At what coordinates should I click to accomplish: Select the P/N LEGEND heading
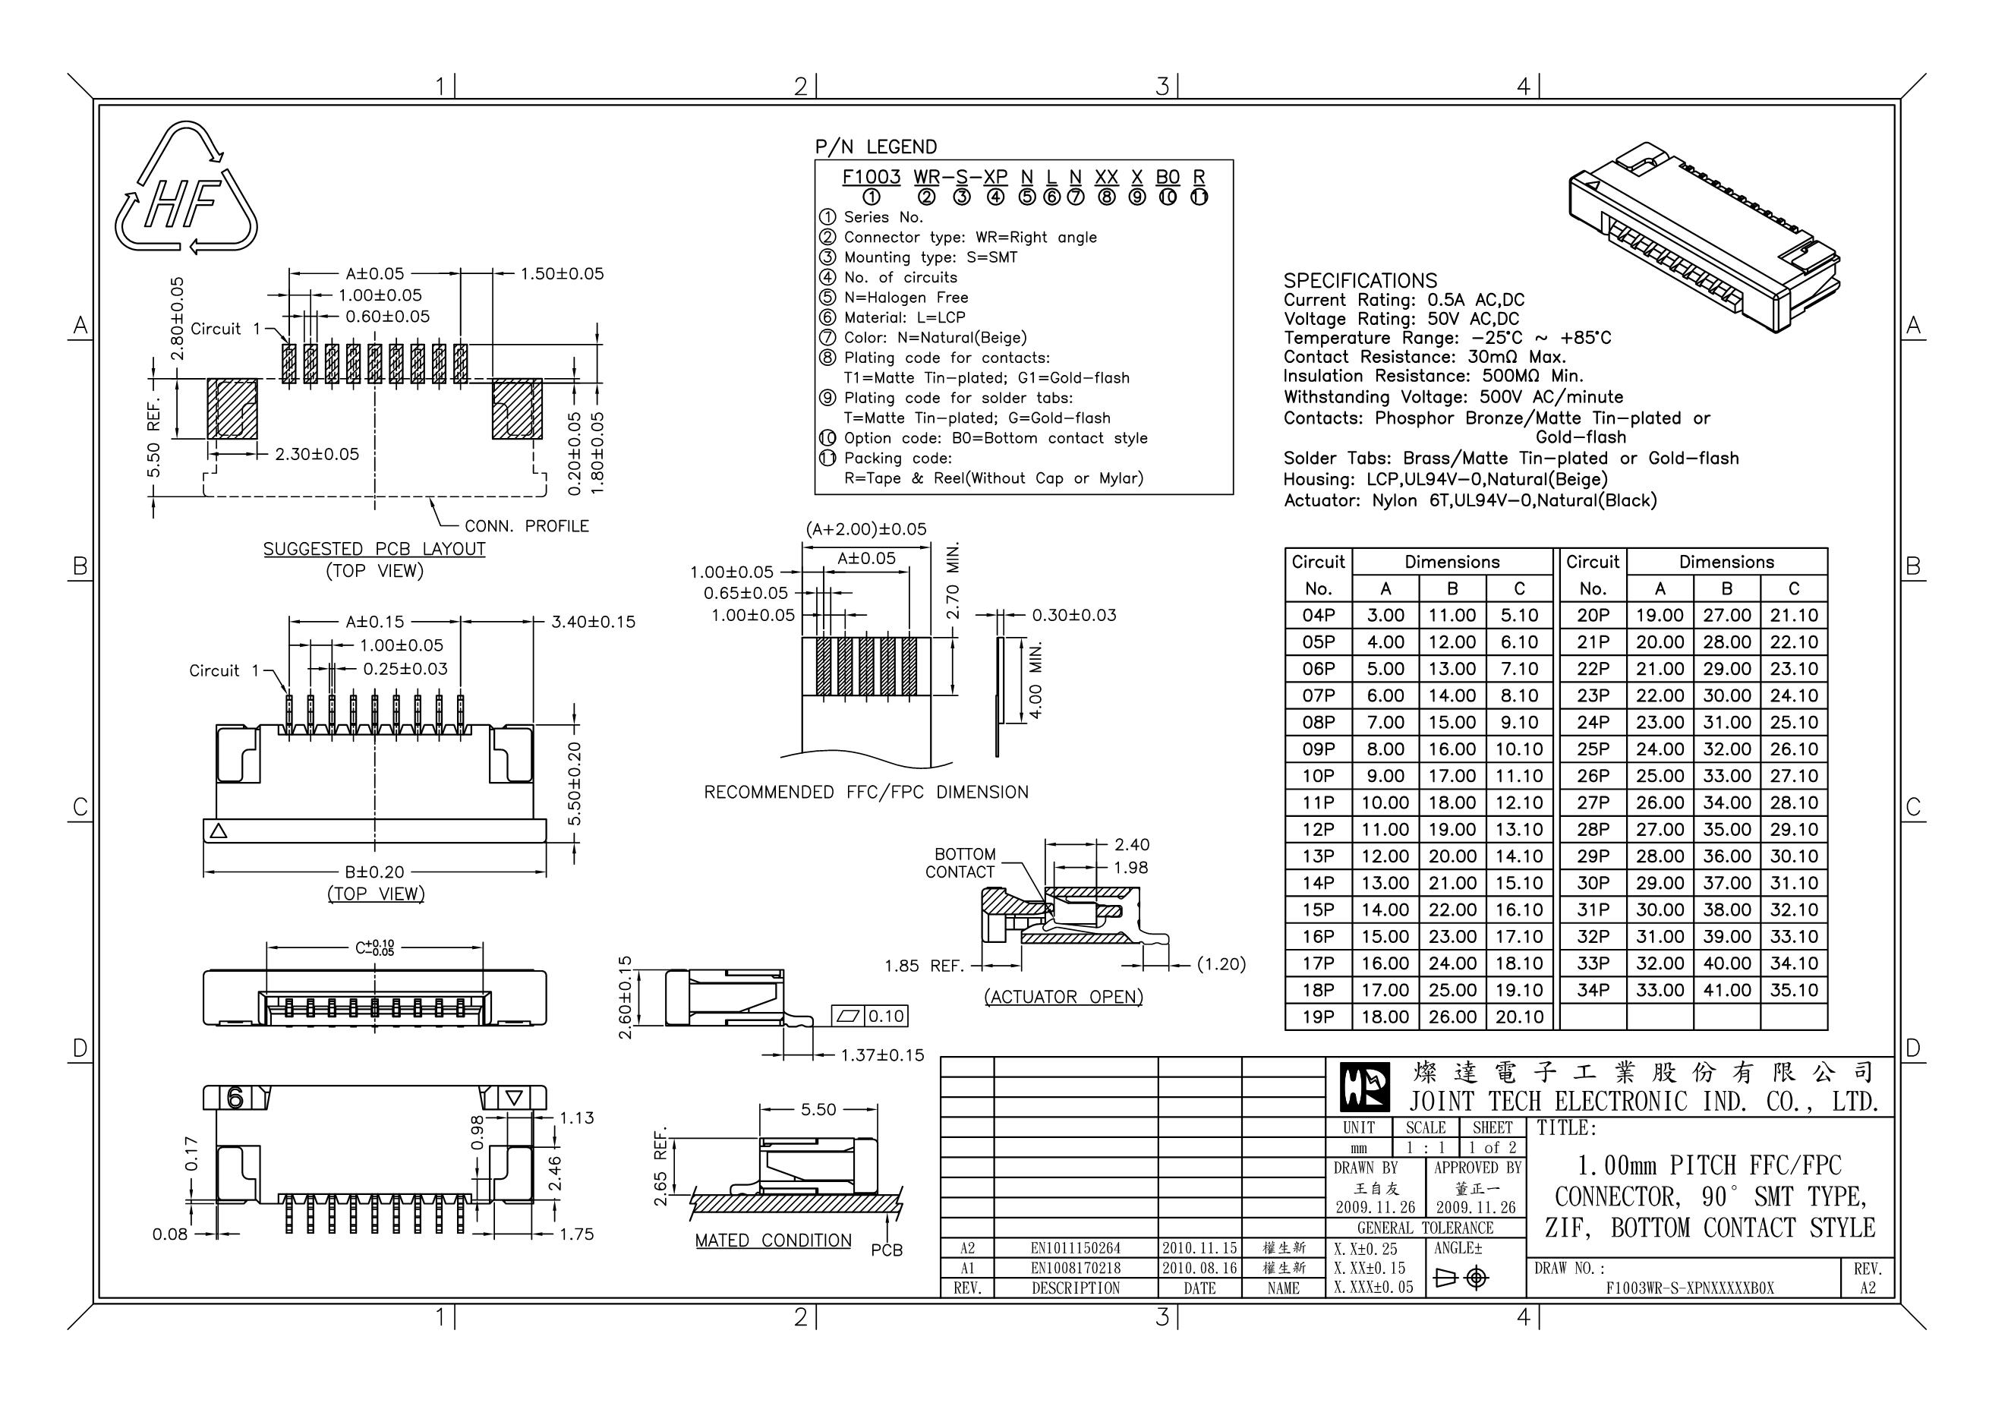[876, 147]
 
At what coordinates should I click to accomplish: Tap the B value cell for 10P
[1452, 775]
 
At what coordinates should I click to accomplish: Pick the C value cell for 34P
[1793, 989]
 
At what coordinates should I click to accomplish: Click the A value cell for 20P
[1659, 615]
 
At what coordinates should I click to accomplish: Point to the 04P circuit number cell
[1318, 615]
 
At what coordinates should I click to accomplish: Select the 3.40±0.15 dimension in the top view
[593, 622]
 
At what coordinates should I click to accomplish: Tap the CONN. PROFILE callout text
[526, 526]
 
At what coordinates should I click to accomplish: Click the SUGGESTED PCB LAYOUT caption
[374, 549]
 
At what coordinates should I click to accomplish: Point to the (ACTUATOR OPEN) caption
[1063, 997]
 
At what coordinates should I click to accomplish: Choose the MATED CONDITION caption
[773, 1240]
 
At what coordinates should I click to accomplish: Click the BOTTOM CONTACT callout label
[962, 863]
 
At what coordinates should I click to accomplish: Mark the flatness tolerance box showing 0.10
[870, 1017]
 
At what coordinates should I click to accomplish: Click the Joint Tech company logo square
[1364, 1087]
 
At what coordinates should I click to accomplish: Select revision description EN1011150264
[1075, 1248]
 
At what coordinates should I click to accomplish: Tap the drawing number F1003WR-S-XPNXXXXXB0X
[1689, 1288]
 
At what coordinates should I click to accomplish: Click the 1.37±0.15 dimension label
[882, 1055]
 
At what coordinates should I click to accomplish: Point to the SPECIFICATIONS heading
[1359, 281]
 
